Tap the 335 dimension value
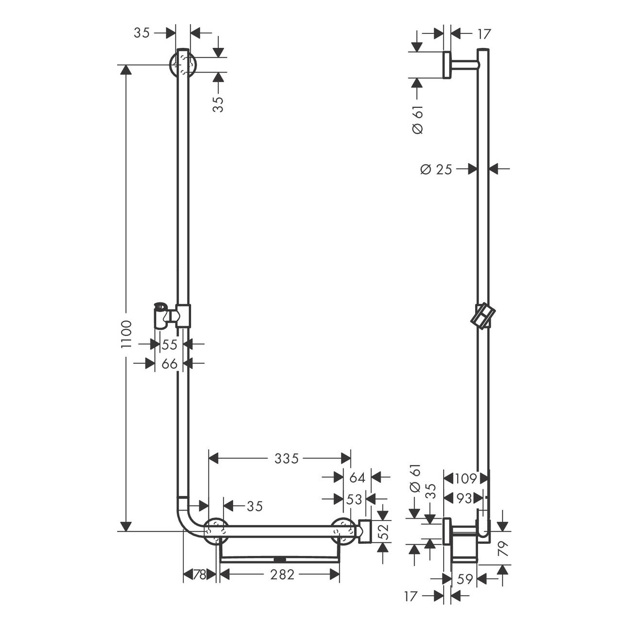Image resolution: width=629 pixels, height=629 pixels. coord(286,459)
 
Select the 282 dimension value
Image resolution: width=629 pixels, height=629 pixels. coord(282,574)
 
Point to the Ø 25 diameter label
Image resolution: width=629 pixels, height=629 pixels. coord(436,169)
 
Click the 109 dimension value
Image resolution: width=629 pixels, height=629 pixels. coord(466,479)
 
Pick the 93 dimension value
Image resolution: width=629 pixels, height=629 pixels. coord(464,498)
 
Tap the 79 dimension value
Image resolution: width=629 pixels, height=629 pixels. coord(503,548)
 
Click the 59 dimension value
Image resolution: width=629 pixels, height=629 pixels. coord(464,579)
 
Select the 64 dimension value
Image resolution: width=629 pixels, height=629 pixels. coord(357,478)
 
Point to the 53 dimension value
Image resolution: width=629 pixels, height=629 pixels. coord(354,499)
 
